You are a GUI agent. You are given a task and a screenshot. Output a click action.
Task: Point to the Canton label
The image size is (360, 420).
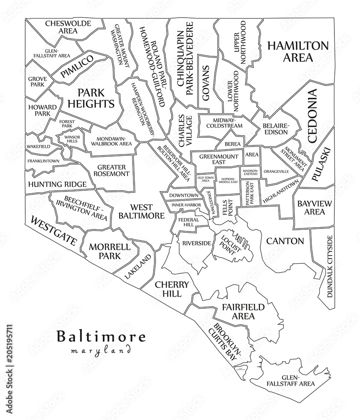click(284, 241)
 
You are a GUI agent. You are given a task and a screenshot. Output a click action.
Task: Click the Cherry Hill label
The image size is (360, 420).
click(171, 289)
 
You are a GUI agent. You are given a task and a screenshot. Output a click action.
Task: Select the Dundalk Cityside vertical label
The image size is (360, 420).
click(329, 266)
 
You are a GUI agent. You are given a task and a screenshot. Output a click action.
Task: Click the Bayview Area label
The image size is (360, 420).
click(314, 207)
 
